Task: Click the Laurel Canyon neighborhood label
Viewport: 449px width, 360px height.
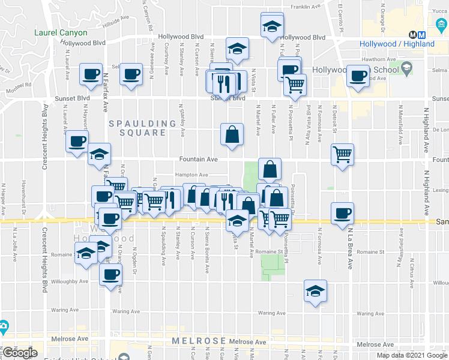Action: tap(61, 33)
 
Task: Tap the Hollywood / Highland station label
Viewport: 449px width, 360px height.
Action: tap(397, 44)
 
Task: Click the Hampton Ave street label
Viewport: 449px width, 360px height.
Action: tap(191, 175)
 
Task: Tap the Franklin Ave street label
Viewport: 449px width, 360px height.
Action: tap(306, 7)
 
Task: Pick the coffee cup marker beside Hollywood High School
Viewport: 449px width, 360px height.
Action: tap(358, 76)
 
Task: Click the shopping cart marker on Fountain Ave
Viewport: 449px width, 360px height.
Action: tap(342, 155)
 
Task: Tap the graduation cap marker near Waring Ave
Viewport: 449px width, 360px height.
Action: tap(315, 290)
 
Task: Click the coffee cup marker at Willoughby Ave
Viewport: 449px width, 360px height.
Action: tap(110, 275)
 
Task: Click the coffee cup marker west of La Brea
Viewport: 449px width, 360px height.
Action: tap(342, 213)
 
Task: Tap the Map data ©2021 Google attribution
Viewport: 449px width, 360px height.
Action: tap(412, 355)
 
